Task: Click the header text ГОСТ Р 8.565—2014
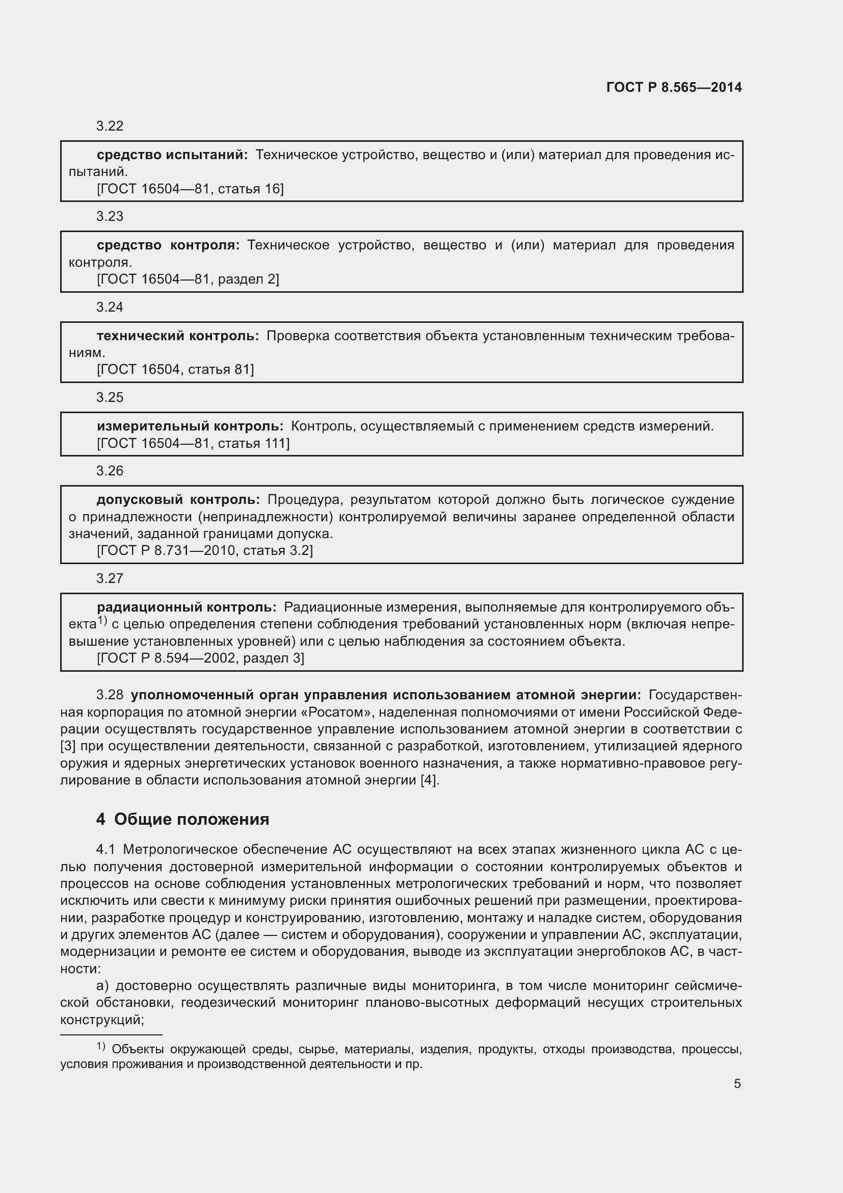(674, 87)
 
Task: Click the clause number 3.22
(110, 126)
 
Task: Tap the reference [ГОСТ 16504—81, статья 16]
(190, 189)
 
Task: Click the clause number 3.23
(110, 216)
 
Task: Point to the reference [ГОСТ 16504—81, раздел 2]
(188, 279)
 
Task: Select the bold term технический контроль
(177, 336)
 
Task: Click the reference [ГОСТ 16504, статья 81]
(175, 369)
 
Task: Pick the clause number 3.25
(110, 397)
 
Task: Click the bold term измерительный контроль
(190, 426)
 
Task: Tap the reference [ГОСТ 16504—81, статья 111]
(193, 443)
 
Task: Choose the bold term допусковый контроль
(178, 499)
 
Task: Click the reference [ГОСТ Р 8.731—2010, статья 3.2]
(204, 550)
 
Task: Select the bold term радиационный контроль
(187, 607)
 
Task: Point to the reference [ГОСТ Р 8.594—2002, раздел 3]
(200, 658)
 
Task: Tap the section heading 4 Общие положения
(183, 820)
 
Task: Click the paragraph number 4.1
(106, 850)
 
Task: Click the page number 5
(737, 1084)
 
